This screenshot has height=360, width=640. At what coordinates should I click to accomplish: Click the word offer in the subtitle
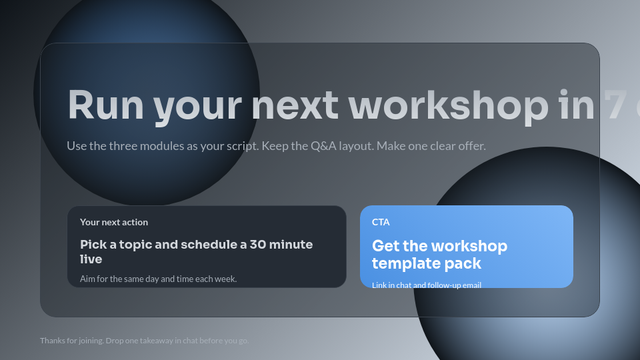470,145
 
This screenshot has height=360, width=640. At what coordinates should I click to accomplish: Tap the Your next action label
114,222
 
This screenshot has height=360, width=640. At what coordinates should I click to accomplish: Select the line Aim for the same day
158,279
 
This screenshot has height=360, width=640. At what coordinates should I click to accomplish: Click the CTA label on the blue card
381,222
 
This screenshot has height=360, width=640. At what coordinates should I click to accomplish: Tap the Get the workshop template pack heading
439,255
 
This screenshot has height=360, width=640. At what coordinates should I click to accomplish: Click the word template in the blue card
408,263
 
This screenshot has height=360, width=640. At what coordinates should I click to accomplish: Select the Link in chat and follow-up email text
427,285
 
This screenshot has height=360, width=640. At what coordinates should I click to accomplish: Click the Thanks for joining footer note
144,341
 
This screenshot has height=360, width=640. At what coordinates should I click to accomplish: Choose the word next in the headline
294,105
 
